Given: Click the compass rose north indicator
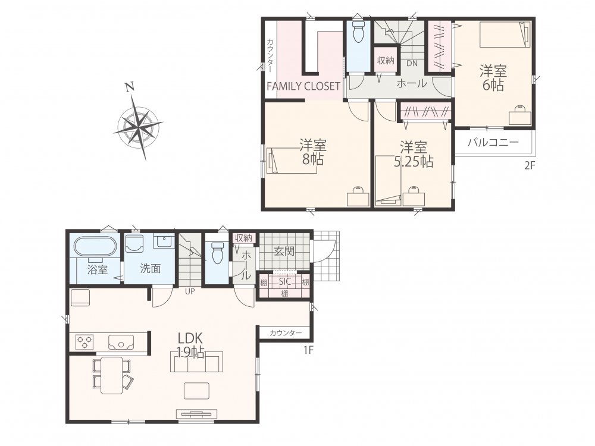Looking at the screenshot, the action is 130,87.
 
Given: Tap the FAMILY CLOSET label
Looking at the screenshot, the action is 303,86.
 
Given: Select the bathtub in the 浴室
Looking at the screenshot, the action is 94,247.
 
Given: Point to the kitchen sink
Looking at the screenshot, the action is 121,342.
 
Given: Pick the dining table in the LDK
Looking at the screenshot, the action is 111,375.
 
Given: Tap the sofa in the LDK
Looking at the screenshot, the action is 196,362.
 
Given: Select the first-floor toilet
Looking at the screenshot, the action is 217,253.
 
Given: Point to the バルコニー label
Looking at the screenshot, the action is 493,143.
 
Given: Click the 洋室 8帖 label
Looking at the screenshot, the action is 313,152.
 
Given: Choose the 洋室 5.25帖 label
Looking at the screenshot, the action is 414,155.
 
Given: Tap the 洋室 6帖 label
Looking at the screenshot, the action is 493,78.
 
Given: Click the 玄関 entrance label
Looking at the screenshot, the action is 284,251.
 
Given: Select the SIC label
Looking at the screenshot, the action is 284,281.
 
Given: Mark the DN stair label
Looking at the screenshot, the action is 412,64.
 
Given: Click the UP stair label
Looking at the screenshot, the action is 190,291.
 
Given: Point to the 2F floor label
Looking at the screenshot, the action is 530,165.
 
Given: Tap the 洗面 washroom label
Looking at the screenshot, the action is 151,269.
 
